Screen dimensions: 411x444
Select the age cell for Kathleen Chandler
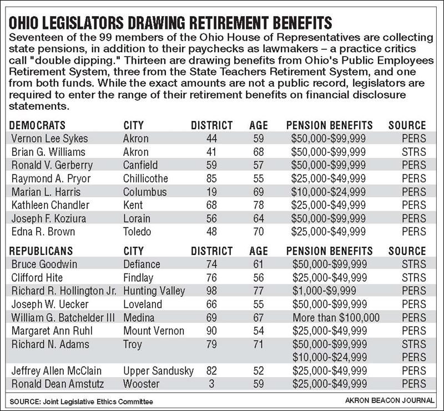(x=258, y=205)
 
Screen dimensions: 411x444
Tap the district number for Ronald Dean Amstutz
(x=212, y=384)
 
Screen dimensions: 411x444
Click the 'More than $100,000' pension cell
(x=336, y=318)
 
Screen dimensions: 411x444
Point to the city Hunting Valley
(x=154, y=291)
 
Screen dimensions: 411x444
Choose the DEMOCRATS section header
(x=38, y=125)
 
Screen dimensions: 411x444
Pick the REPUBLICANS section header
(x=42, y=251)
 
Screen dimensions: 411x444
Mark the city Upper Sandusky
(x=158, y=371)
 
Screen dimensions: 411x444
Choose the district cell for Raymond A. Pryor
(x=212, y=179)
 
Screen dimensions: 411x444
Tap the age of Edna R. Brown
(x=258, y=232)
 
